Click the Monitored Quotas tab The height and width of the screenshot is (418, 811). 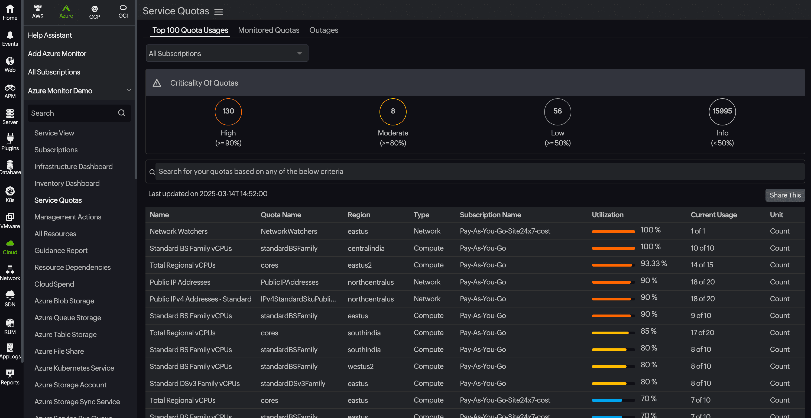pos(268,30)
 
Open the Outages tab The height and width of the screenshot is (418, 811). pos(323,30)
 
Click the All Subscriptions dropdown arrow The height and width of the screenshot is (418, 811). pos(299,53)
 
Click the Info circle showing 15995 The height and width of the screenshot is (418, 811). pos(722,111)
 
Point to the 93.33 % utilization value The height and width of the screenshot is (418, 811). pos(653,264)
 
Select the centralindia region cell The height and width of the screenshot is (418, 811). pos(366,248)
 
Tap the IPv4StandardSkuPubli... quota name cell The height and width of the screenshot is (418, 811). pos(298,299)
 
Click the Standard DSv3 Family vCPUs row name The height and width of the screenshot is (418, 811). pos(194,383)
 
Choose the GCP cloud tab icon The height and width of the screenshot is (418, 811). pos(95,12)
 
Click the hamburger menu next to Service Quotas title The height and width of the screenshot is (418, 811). pos(219,12)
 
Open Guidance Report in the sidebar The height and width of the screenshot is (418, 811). pos(61,251)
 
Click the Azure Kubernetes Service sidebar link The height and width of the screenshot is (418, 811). pos(74,368)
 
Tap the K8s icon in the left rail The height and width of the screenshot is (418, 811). pos(10,194)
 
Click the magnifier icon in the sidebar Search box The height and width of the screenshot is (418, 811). pos(122,113)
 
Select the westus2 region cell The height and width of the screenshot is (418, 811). pos(360,366)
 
